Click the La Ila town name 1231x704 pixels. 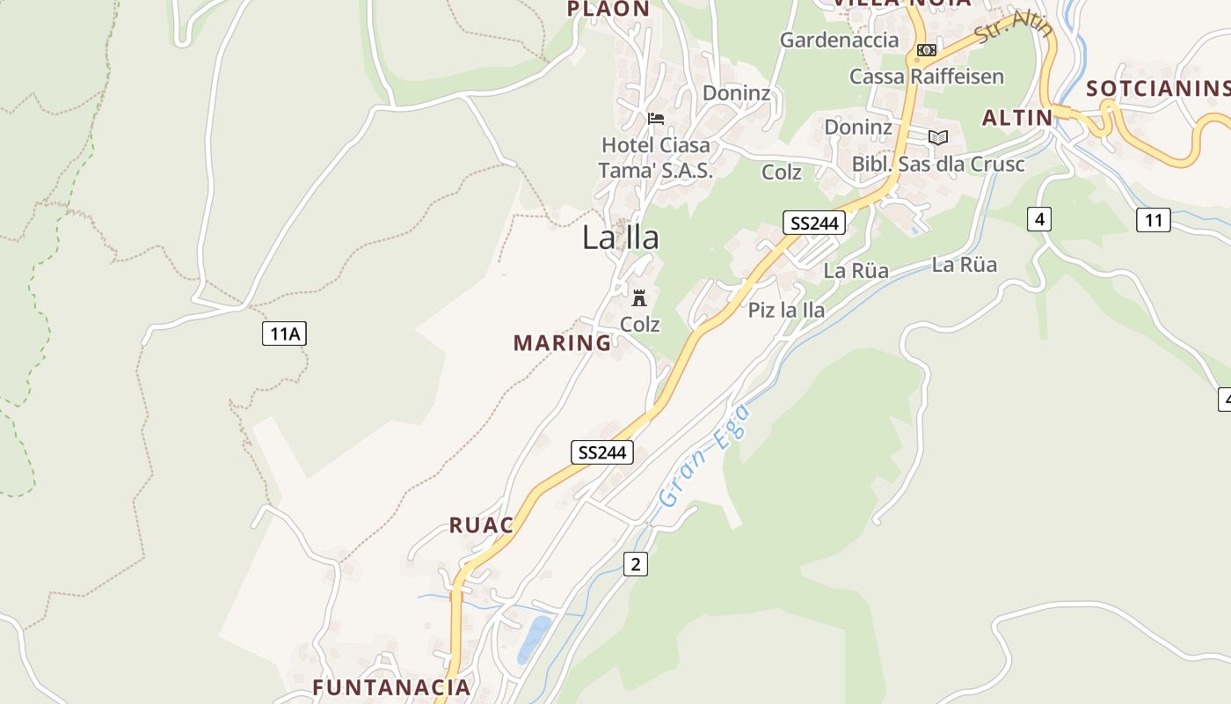(x=620, y=238)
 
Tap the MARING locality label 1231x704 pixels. (x=562, y=343)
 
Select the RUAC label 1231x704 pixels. (x=481, y=525)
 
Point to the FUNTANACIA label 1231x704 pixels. (x=392, y=686)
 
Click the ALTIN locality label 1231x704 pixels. (x=1017, y=118)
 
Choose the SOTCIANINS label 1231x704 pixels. (x=1157, y=88)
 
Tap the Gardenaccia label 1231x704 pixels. (x=840, y=40)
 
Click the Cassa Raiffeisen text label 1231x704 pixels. (x=926, y=77)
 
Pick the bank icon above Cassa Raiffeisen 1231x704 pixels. (x=926, y=50)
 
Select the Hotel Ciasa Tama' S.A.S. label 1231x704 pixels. (x=655, y=158)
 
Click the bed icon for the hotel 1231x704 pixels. (x=656, y=118)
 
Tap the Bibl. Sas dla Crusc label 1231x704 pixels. (x=938, y=165)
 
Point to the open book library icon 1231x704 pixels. (x=938, y=137)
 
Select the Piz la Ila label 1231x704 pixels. (x=786, y=310)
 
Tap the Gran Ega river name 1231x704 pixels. (x=705, y=456)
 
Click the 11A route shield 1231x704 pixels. (x=284, y=334)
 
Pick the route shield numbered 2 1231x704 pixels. (x=635, y=564)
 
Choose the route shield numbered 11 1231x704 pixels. (x=1153, y=219)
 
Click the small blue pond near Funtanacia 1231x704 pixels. (x=534, y=638)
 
